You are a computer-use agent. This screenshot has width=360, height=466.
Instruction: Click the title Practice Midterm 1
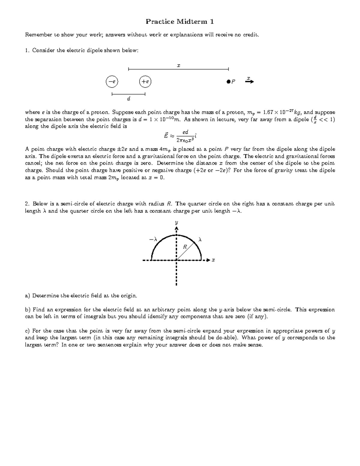click(180, 22)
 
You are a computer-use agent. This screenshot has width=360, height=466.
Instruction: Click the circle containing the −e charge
click(112, 81)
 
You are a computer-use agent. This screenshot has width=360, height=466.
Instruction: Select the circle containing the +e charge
click(145, 81)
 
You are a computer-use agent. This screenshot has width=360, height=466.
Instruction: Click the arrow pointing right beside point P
click(249, 81)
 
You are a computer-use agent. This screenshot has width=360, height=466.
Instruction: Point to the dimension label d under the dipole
click(128, 98)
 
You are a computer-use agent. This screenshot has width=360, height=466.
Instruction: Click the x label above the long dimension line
click(178, 65)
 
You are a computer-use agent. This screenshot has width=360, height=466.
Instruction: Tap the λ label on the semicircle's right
click(200, 239)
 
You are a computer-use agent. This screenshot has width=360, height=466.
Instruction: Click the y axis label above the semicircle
click(176, 222)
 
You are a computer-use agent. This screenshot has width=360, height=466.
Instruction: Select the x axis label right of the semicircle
click(213, 260)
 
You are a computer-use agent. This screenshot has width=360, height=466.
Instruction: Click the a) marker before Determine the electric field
click(28, 296)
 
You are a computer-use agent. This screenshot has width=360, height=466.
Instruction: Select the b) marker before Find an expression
click(28, 310)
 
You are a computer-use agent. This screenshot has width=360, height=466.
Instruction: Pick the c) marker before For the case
click(28, 331)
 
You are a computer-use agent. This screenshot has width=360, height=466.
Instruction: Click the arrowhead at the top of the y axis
click(176, 229)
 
